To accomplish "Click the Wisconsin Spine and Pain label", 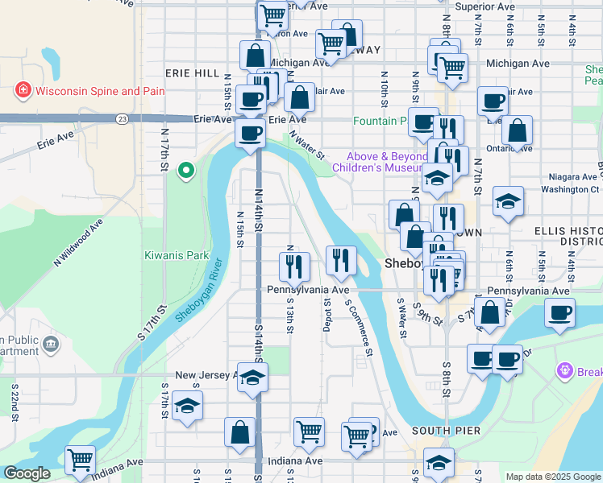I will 98,91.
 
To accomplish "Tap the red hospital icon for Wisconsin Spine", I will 23,91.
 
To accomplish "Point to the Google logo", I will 27,473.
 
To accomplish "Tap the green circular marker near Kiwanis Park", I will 186,170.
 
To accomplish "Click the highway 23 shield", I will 122,119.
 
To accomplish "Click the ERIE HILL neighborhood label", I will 192,73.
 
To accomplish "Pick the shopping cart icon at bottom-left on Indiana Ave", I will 81,460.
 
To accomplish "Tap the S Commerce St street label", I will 360,328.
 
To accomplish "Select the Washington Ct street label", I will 564,190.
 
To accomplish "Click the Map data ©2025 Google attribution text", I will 553,477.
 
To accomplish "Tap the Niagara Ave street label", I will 568,176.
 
